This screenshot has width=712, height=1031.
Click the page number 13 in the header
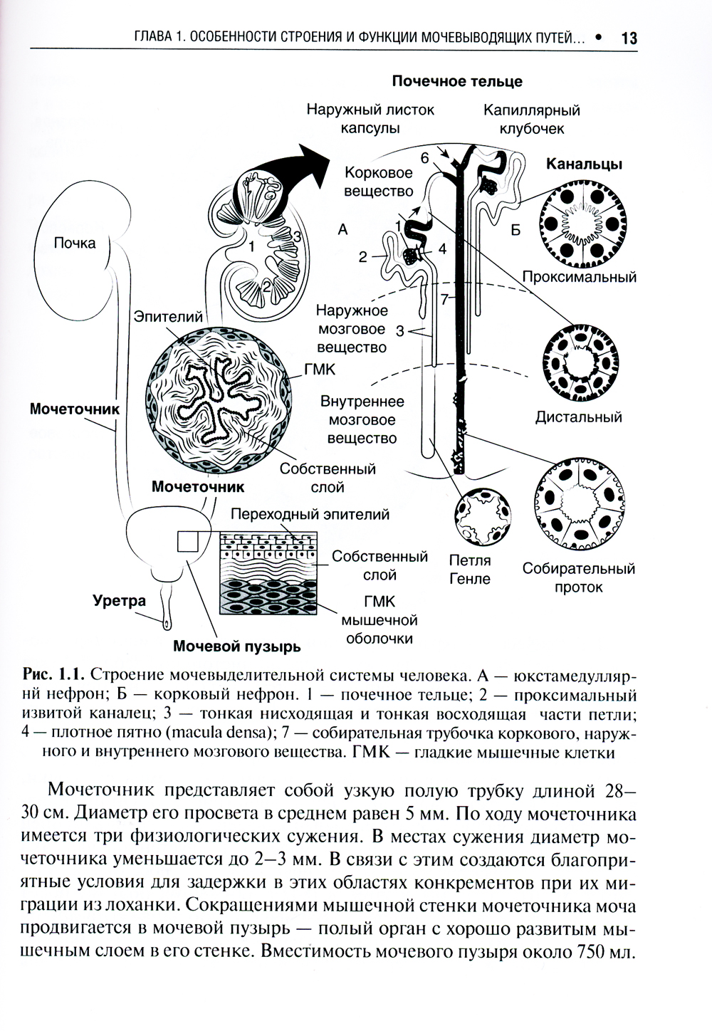pos(629,38)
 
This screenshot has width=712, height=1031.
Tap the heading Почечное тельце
pos(457,81)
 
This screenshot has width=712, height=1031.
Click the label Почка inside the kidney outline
pos(75,244)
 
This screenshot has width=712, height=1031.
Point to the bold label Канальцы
pos(584,164)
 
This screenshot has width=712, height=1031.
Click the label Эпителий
pos(168,316)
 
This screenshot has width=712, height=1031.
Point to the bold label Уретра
pos(119,600)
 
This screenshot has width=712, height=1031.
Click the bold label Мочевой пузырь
pos(237,647)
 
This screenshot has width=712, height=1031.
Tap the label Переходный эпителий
pos(310,513)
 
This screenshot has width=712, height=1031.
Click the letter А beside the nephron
pos(342,229)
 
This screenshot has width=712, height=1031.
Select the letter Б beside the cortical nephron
pos(515,231)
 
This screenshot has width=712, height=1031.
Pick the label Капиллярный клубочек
pos(531,119)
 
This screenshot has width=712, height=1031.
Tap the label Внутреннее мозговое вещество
pos(362,420)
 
